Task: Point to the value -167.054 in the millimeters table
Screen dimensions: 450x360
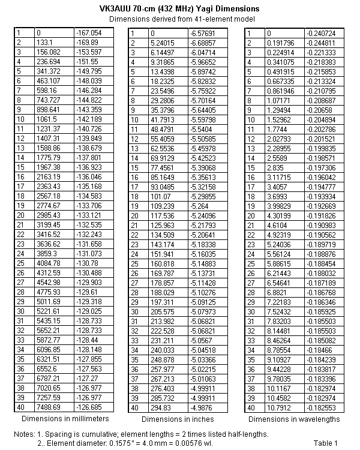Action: (x=88, y=33)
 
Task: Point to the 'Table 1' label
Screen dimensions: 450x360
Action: (x=326, y=443)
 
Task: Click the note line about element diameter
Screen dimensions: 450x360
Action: (x=126, y=443)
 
